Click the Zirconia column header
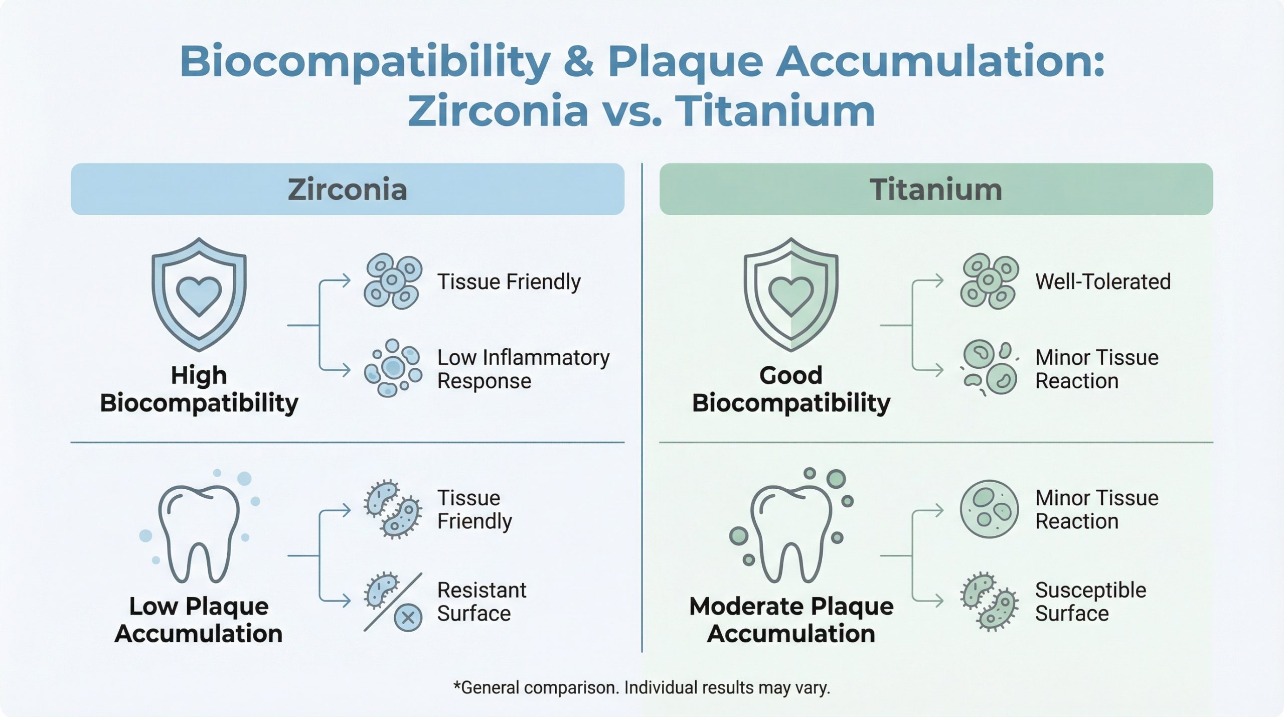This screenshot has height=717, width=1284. tap(348, 189)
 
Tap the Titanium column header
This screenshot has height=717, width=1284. tap(936, 189)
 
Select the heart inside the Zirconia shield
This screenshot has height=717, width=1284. tap(199, 296)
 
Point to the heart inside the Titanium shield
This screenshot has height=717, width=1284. tap(791, 296)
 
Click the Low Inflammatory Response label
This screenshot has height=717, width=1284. tap(523, 369)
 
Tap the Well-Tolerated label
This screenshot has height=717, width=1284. tap(1103, 281)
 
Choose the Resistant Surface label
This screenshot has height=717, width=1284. tap(481, 602)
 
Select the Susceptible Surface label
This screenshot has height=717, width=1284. tap(1090, 602)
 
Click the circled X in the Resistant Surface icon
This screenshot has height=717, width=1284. tap(408, 617)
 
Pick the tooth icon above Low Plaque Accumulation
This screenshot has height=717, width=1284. tap(199, 533)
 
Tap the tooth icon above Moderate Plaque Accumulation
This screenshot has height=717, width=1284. tap(791, 533)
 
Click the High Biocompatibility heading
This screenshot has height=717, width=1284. tap(199, 389)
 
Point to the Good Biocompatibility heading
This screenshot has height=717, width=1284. tap(791, 389)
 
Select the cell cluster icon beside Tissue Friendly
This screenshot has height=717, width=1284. tap(393, 281)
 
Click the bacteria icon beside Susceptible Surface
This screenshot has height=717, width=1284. tap(989, 601)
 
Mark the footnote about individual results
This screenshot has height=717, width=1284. tap(641, 687)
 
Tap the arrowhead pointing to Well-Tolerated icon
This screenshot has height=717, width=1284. tap(938, 280)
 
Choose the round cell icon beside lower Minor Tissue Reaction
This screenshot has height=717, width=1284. tap(989, 509)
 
